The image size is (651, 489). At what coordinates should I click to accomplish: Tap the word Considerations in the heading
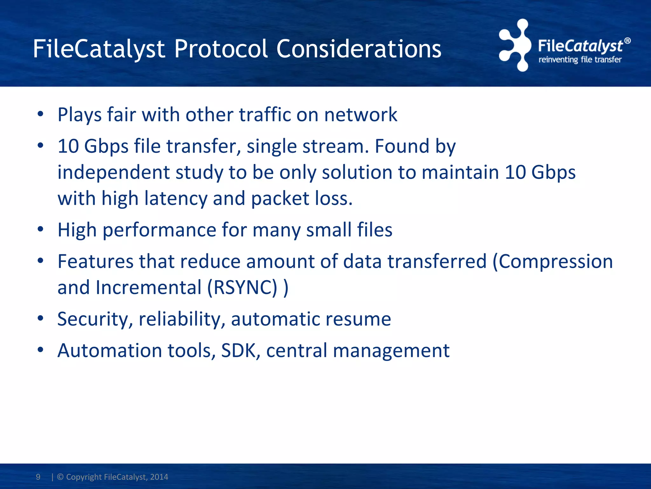click(x=359, y=49)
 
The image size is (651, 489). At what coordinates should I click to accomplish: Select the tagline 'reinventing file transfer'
click(x=580, y=60)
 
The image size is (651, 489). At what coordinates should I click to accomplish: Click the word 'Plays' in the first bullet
click(x=79, y=115)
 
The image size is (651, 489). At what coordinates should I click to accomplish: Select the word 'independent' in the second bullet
click(x=113, y=173)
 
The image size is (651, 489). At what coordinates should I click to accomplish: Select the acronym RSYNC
click(x=245, y=288)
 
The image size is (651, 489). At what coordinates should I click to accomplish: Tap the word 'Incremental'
click(x=148, y=288)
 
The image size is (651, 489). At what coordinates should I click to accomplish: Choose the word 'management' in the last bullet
click(x=391, y=351)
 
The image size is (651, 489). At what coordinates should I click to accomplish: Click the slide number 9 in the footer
click(x=38, y=477)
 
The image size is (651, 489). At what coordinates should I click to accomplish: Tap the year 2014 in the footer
click(x=159, y=477)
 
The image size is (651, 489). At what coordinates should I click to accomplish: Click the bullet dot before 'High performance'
click(x=40, y=229)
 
